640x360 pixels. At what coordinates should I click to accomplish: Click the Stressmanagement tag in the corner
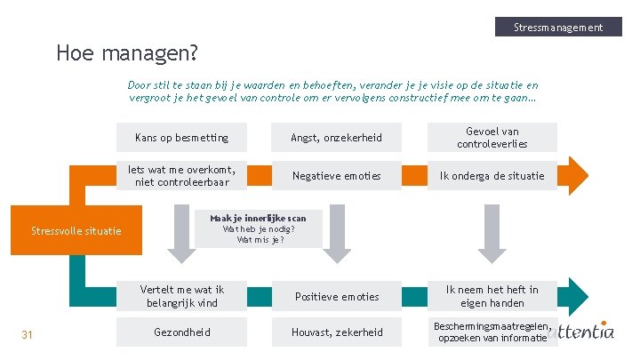557,27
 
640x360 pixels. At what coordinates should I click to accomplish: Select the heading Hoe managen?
126,53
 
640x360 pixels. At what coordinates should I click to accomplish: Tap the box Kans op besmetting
181,138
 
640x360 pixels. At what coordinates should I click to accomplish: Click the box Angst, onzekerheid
337,138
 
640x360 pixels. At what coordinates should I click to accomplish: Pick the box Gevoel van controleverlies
492,138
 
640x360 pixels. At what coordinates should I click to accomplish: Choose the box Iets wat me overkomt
181,176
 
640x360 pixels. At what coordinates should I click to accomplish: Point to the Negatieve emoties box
337,176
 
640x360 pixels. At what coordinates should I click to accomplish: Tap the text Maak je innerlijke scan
258,218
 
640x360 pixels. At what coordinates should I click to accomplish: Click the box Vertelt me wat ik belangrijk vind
181,296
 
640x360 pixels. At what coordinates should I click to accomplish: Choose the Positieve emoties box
337,296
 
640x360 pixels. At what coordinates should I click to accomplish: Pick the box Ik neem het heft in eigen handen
492,296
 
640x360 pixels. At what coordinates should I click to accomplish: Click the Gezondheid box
181,332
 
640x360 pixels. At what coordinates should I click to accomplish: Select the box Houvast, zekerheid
337,332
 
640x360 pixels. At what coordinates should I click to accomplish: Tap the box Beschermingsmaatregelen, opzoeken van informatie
492,332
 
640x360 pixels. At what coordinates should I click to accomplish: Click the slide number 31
27,334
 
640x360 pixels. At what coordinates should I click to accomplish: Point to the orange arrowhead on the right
575,175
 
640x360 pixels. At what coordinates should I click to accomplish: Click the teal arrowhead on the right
575,295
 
